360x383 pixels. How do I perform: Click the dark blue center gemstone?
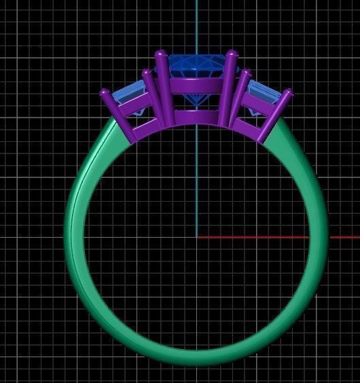(196, 68)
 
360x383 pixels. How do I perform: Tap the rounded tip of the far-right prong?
(287, 92)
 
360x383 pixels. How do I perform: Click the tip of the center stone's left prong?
(161, 54)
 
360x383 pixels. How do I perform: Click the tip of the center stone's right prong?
(231, 54)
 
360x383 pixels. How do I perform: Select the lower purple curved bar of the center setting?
(196, 116)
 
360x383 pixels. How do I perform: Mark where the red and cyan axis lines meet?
(197, 237)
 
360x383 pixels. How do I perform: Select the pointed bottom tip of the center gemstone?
(197, 107)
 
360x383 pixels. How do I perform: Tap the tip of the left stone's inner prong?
(146, 72)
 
